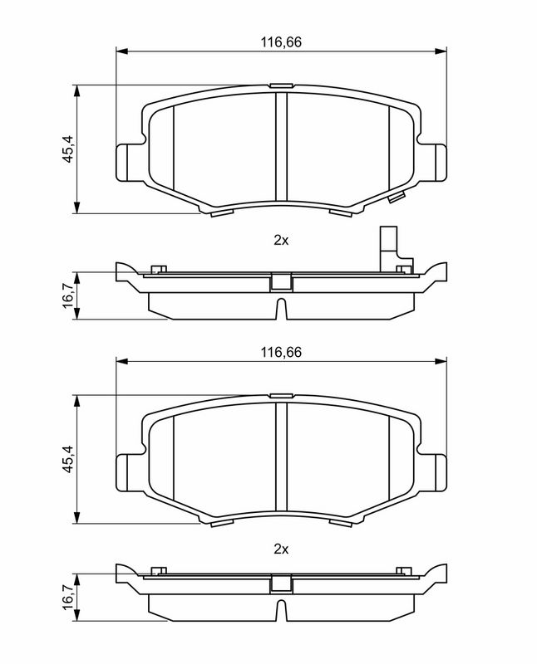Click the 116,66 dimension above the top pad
281,42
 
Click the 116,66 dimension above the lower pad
281,352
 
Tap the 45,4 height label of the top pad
68,149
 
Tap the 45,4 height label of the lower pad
68,460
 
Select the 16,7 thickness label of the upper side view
68,296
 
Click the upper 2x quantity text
281,241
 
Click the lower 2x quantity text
281,549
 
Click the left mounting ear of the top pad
126,163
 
